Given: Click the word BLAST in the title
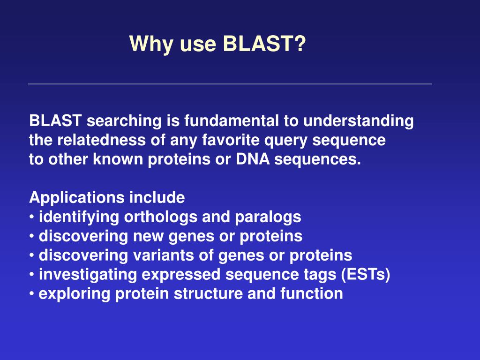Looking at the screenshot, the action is point(259,43).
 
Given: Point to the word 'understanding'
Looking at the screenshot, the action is point(359,121).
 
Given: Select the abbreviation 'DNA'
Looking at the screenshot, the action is point(253,159).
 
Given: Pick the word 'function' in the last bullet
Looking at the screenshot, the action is point(312,294).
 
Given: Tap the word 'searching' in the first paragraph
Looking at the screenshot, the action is point(124,121).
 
